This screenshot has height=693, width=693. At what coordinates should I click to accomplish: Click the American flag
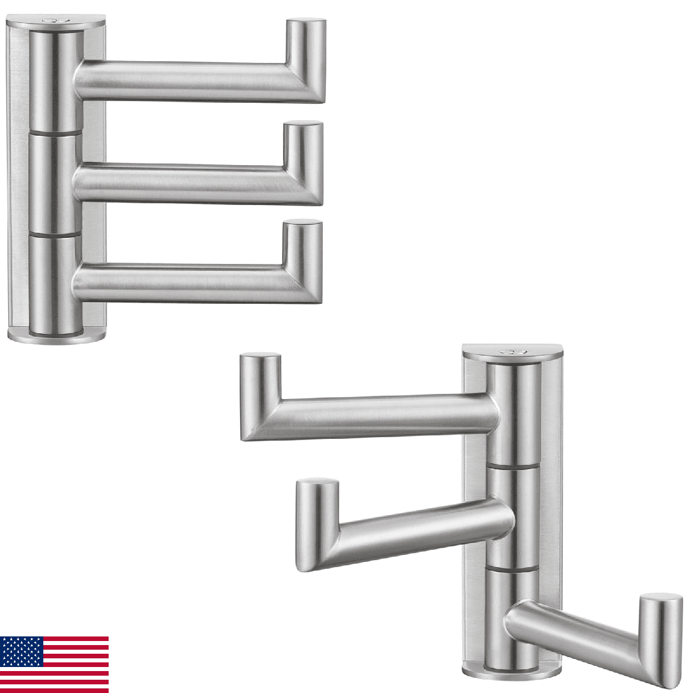(x=54, y=664)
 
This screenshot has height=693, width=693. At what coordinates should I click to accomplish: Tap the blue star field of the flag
(x=22, y=651)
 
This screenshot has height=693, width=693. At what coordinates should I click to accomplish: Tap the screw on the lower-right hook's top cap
(x=511, y=351)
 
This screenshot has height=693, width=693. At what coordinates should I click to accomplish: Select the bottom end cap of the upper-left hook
(x=56, y=335)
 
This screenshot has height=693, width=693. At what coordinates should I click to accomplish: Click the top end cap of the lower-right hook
(x=512, y=352)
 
